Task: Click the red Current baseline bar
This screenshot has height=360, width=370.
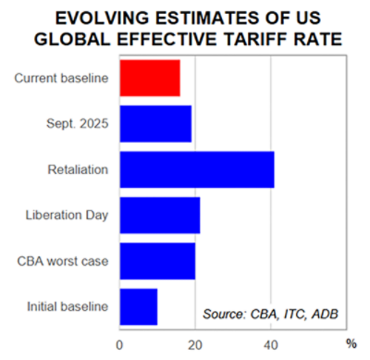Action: (150, 79)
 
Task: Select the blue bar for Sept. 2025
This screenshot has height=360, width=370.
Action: (155, 124)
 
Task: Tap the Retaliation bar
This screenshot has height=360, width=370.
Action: (196, 169)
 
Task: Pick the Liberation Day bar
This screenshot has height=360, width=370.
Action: (159, 215)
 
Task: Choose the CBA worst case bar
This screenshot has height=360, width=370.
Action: (157, 261)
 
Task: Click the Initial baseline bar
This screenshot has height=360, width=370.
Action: (139, 306)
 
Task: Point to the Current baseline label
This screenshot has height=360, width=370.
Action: (62, 79)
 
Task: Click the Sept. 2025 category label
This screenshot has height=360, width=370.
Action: (78, 124)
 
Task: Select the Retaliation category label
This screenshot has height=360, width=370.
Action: (78, 169)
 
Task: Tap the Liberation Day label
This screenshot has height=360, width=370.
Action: (68, 215)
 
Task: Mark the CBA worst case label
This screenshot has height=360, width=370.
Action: (63, 261)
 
